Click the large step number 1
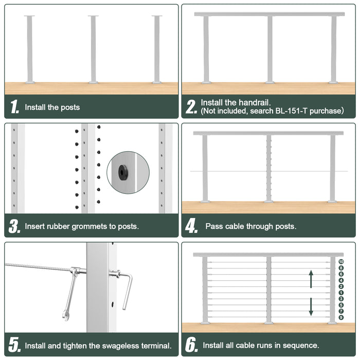point(15,107)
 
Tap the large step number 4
point(192,226)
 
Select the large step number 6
point(192,345)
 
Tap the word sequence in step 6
point(302,345)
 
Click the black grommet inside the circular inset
point(123,173)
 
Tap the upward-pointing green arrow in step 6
point(311,279)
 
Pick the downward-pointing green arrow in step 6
point(311,307)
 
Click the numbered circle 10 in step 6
point(341,262)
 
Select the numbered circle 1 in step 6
point(341,293)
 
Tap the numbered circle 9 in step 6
point(341,317)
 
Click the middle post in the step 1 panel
point(93,49)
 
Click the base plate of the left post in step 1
point(30,82)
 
